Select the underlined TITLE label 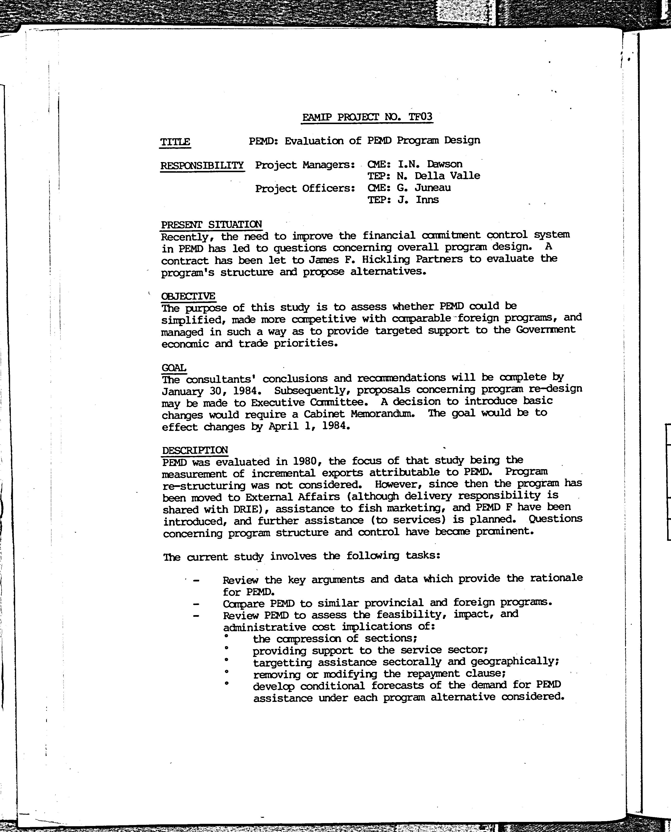(x=175, y=142)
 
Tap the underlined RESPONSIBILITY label (x=202, y=165)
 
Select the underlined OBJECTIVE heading (x=188, y=296)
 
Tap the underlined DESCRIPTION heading (x=195, y=450)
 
